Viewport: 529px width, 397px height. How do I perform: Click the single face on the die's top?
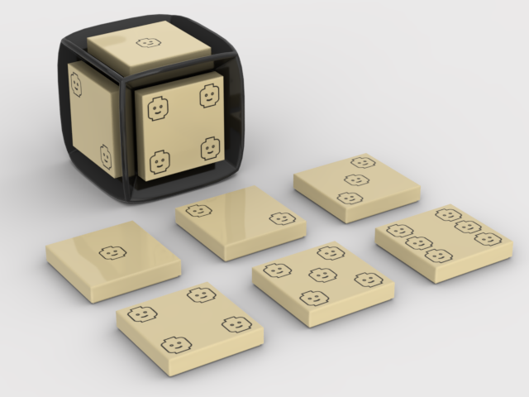[147, 42]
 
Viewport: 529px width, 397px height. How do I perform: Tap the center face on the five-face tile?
[322, 275]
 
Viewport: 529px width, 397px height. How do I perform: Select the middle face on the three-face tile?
[356, 179]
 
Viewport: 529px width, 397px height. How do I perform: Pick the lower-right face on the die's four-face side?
[208, 150]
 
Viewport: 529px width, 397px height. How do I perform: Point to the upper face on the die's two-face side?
[75, 84]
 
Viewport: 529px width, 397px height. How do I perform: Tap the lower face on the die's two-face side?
[107, 155]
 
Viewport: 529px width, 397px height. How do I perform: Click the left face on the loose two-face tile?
[198, 210]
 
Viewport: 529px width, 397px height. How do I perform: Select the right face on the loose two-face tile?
[282, 218]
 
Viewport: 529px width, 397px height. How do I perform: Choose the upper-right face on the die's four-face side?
[208, 97]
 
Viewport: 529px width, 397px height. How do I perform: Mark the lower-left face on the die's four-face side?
[159, 162]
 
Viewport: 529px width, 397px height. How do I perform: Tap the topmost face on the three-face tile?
[362, 163]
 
